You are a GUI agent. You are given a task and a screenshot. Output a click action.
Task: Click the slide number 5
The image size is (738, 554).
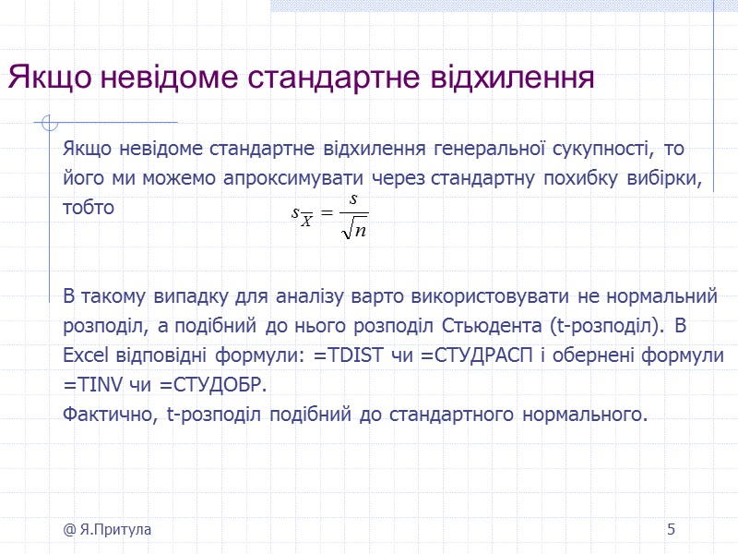(672, 529)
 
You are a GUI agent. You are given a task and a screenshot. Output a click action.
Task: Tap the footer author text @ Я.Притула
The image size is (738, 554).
(108, 529)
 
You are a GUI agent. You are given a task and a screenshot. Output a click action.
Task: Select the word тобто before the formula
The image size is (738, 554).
(89, 207)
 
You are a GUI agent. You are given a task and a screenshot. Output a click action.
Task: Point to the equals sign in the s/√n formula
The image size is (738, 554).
(325, 215)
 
